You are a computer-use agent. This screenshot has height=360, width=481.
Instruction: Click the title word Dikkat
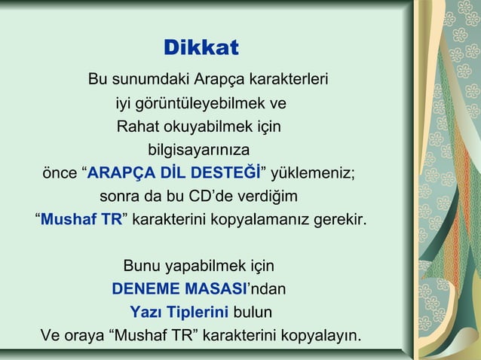201,48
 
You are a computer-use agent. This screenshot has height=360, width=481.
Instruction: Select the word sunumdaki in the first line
150,79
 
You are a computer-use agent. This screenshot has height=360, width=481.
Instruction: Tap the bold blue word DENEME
147,288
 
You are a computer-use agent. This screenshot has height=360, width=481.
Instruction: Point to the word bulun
253,311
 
